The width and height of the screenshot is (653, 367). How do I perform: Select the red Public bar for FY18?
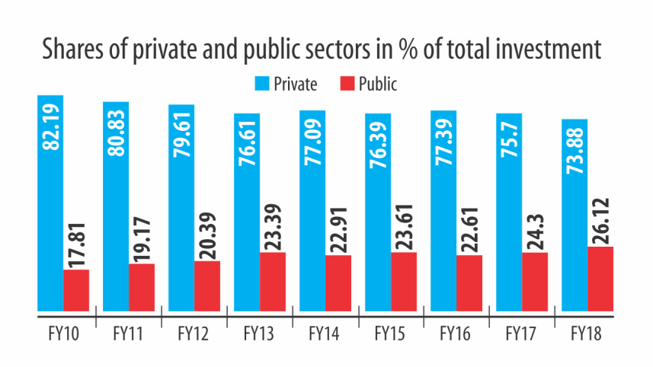click(x=600, y=279)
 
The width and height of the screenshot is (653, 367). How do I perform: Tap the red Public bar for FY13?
click(x=273, y=282)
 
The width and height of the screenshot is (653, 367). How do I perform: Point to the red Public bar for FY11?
click(x=142, y=288)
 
